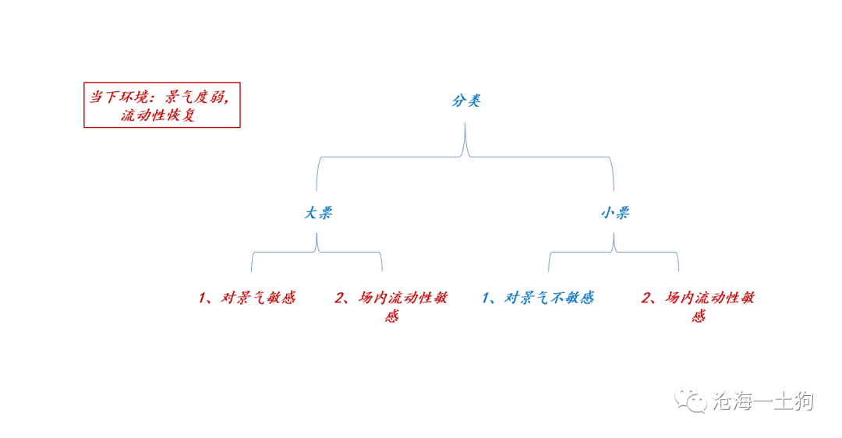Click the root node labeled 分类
pyautogui.click(x=465, y=101)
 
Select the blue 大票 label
pyautogui.click(x=318, y=213)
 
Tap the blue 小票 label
pyautogui.click(x=615, y=213)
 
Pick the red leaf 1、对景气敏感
pyautogui.click(x=246, y=298)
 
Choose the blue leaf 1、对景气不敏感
pyautogui.click(x=537, y=298)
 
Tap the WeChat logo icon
pyautogui.click(x=691, y=401)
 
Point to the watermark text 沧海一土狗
pyautogui.click(x=763, y=401)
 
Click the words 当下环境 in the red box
pyautogui.click(x=119, y=97)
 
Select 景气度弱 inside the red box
pyautogui.click(x=194, y=97)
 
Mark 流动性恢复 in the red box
pyautogui.click(x=157, y=115)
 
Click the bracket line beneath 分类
pyautogui.click(x=465, y=157)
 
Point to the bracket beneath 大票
pyautogui.click(x=317, y=251)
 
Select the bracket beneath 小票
pyautogui.click(x=614, y=251)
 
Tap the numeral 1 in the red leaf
pyautogui.click(x=202, y=298)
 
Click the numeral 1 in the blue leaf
pyautogui.click(x=486, y=298)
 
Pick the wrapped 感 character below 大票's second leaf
pyautogui.click(x=391, y=316)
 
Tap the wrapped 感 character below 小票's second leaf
pyautogui.click(x=698, y=316)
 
